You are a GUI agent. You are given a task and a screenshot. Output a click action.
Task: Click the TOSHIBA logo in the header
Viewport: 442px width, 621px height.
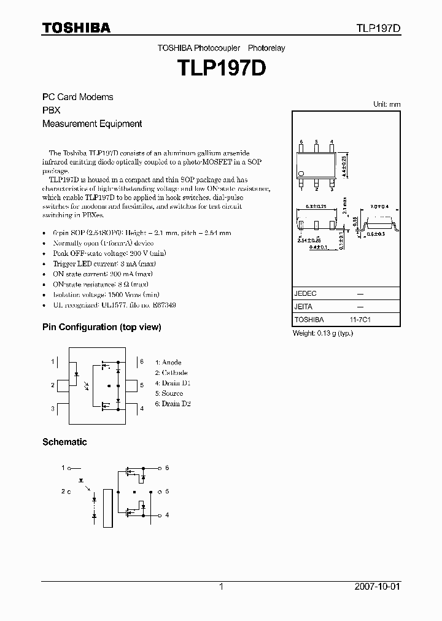click(76, 28)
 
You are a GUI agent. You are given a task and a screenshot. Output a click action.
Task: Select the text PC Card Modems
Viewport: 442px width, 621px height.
click(77, 97)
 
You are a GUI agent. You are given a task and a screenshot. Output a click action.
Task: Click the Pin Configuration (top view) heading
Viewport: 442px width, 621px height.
click(101, 327)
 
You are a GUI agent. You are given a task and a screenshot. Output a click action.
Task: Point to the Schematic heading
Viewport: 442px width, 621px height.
click(64, 442)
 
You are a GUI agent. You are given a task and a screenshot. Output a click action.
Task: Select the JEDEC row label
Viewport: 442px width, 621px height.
click(305, 293)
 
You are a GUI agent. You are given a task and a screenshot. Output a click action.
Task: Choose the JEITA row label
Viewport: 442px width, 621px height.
click(304, 306)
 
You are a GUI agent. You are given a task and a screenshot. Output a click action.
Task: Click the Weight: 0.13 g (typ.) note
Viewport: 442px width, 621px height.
click(322, 333)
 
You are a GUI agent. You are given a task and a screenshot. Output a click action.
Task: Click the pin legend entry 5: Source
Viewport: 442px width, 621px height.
click(169, 393)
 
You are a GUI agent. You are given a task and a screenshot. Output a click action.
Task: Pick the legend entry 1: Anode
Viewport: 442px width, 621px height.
click(168, 363)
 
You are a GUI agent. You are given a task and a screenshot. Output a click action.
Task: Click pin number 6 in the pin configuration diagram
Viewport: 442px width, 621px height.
click(142, 361)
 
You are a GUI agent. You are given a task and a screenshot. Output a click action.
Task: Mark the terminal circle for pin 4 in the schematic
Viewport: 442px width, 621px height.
click(159, 515)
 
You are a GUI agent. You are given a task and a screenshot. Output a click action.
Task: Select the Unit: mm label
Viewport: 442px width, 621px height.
click(387, 104)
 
